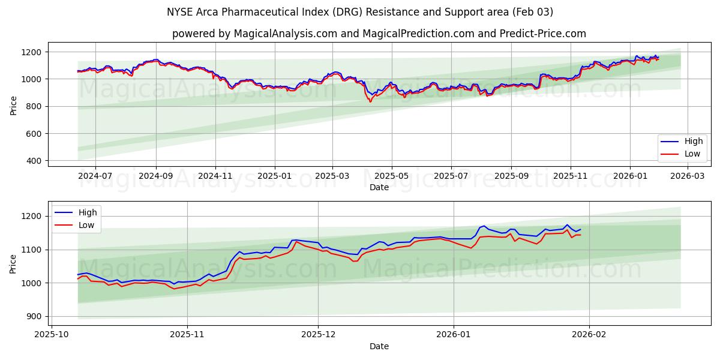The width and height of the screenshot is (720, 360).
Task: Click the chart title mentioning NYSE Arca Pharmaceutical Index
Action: pos(360,12)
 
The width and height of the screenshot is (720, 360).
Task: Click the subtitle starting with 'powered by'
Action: pos(379,34)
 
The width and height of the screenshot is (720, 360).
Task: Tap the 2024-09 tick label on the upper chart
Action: pos(156,176)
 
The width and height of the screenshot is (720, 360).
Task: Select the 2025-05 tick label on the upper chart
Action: pos(392,176)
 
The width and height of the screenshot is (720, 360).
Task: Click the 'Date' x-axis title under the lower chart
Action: pos(379,346)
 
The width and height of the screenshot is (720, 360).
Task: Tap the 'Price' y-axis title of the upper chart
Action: pos(13,104)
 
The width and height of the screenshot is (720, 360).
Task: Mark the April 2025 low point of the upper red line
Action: pos(370,101)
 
